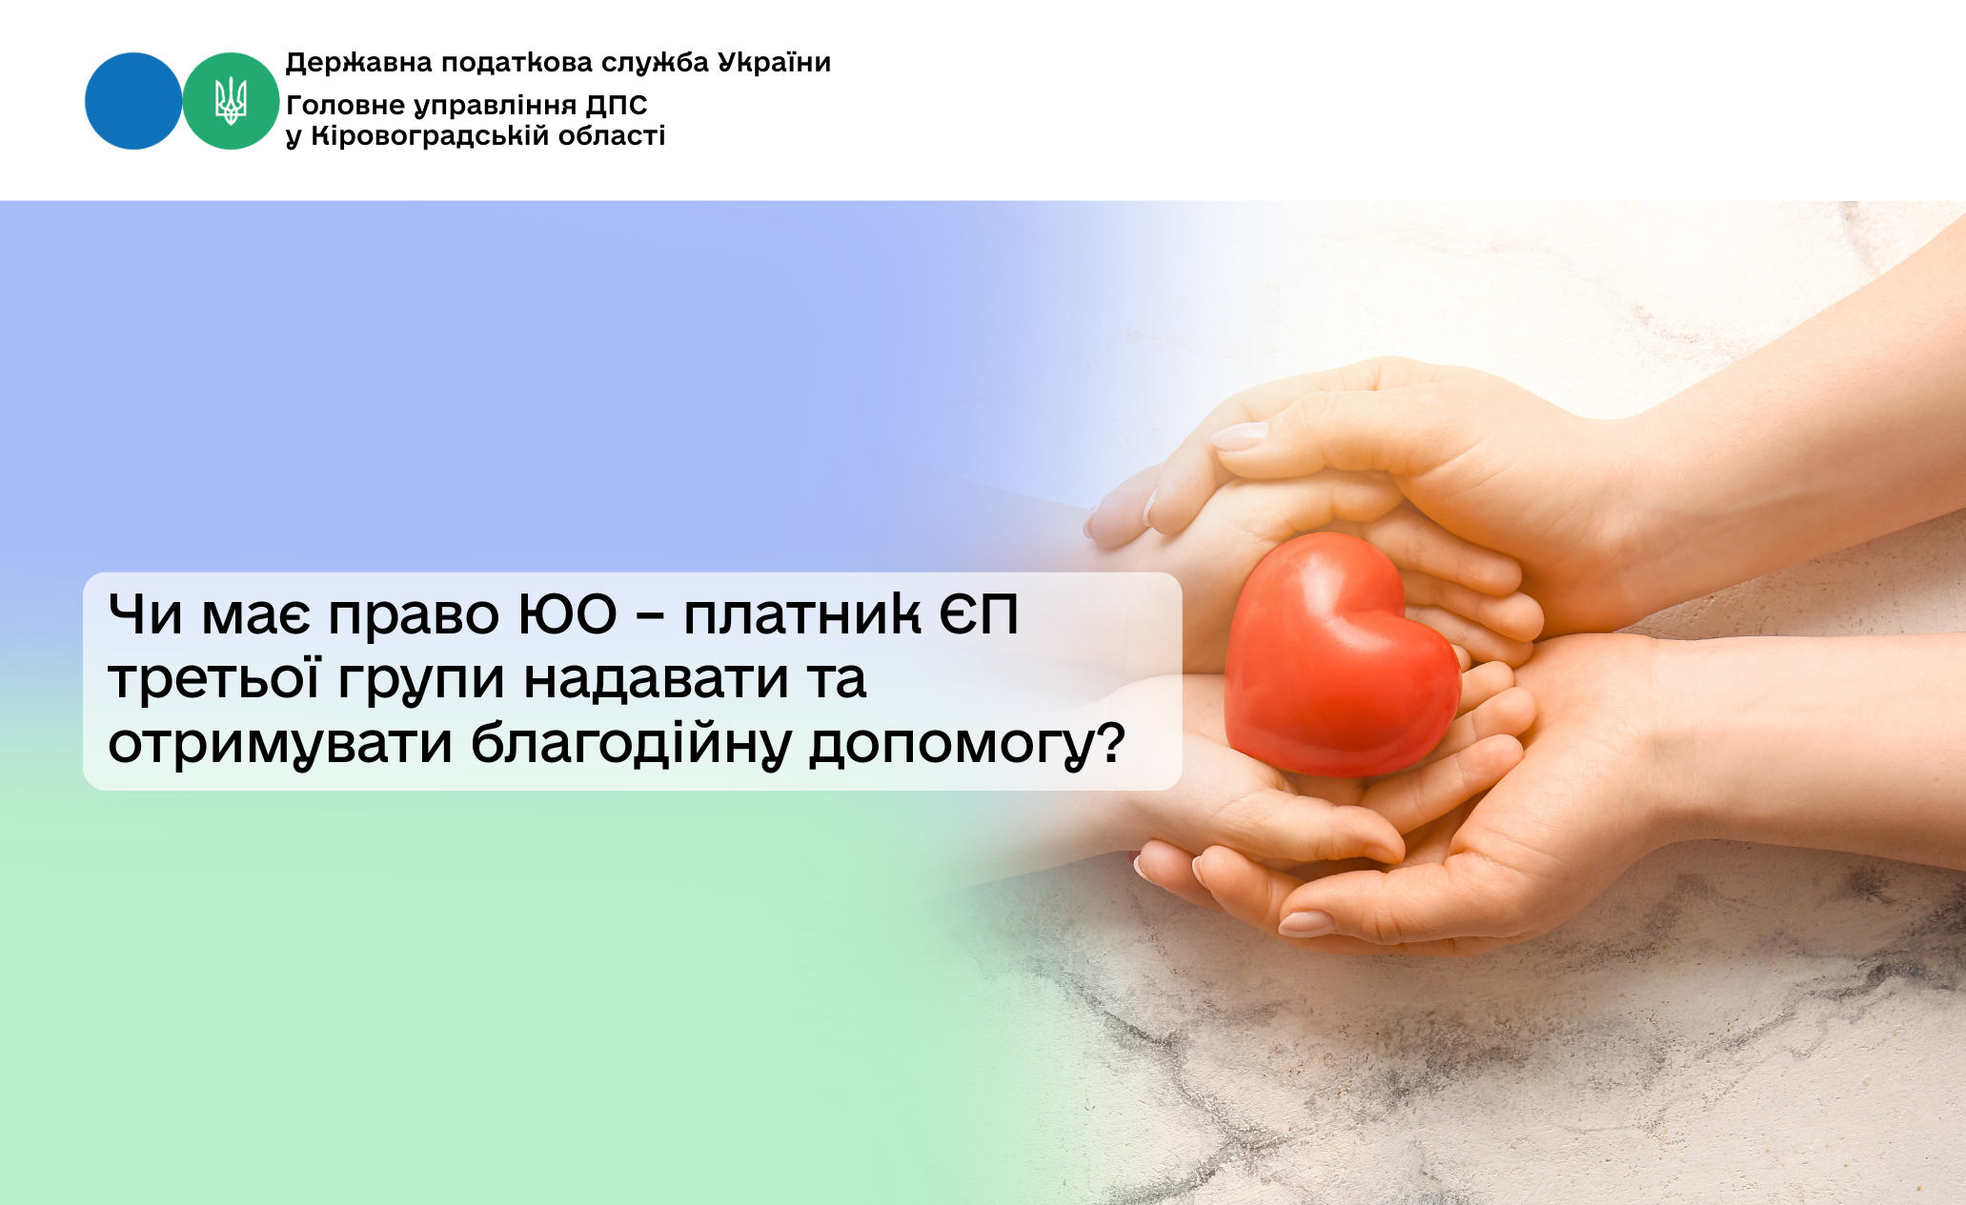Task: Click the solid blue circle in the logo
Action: pyautogui.click(x=133, y=101)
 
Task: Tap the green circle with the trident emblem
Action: pyautogui.click(x=231, y=101)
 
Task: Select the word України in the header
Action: pyautogui.click(x=775, y=62)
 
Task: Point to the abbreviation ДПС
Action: pyautogui.click(x=617, y=105)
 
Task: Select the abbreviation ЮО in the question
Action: pyautogui.click(x=568, y=614)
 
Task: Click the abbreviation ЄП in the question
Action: pyautogui.click(x=979, y=614)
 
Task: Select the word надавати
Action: pyautogui.click(x=656, y=680)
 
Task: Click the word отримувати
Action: pyautogui.click(x=280, y=746)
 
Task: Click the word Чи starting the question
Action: pyautogui.click(x=146, y=614)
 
